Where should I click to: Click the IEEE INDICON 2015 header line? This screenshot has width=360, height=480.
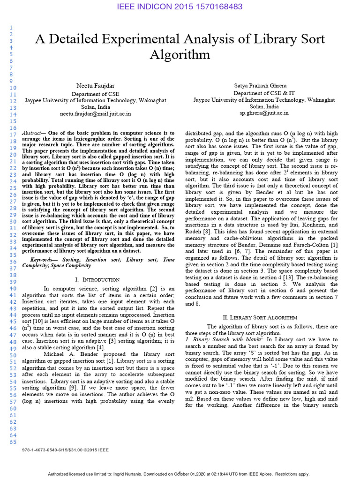(180, 7)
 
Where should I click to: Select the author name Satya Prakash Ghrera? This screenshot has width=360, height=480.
(264, 86)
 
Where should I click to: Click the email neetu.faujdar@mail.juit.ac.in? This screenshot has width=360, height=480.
(95, 113)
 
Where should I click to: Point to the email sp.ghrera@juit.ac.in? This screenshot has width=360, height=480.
(264, 113)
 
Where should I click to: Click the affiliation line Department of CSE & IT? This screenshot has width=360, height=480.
(264, 93)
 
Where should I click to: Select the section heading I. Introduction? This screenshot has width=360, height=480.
(97, 279)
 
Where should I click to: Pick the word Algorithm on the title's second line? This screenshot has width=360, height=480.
(180, 55)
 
